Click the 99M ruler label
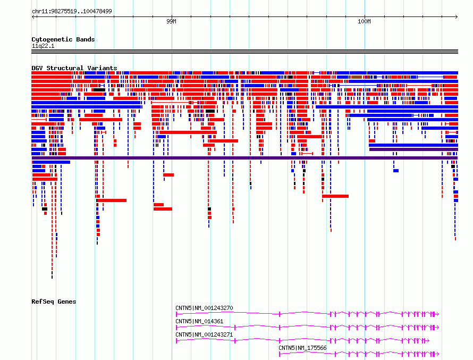pos(171,21)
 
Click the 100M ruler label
pos(364,21)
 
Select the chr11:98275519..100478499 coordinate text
pos(72,11)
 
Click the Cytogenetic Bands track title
pos(63,39)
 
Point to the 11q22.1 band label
pos(43,46)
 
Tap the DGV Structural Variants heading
pos(74,68)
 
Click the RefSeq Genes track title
pos(54,302)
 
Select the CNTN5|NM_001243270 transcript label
pos(204,308)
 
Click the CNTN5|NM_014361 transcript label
pos(199,321)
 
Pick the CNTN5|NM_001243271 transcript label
pos(204,334)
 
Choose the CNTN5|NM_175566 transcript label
pos(302,348)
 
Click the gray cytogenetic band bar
pos(244,52)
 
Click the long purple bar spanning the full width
pos(244,158)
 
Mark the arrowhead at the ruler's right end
pos(457,16)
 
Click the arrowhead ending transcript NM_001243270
pos(438,314)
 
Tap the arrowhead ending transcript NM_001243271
pos(428,341)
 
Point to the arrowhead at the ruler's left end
pos(33,16)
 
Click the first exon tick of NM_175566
pos(280,354)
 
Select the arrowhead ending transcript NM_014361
pos(438,328)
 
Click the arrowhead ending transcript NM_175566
pos(438,354)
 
